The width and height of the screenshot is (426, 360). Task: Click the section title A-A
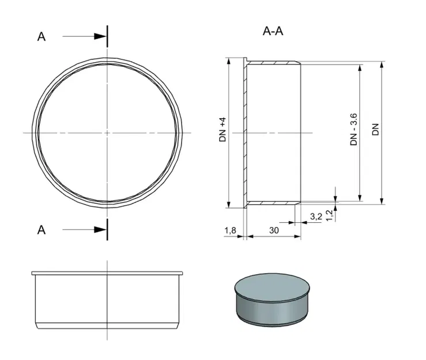click(x=273, y=31)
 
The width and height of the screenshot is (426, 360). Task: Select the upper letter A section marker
click(x=42, y=37)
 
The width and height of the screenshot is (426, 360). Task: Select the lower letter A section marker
click(x=42, y=230)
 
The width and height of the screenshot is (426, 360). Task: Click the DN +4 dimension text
click(x=222, y=130)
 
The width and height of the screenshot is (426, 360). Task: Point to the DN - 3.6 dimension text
click(x=354, y=130)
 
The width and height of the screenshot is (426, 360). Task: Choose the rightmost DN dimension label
click(x=375, y=130)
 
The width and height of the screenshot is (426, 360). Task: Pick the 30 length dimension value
click(x=274, y=230)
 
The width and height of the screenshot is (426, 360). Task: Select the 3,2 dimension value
click(x=315, y=217)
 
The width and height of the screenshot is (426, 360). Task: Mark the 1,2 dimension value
click(x=329, y=214)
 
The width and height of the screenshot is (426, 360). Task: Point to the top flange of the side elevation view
click(x=107, y=272)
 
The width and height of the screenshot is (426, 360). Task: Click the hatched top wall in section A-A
click(x=273, y=61)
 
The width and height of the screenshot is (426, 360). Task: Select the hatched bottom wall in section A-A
click(x=273, y=203)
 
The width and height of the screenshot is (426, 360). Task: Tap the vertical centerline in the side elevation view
click(x=107, y=305)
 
